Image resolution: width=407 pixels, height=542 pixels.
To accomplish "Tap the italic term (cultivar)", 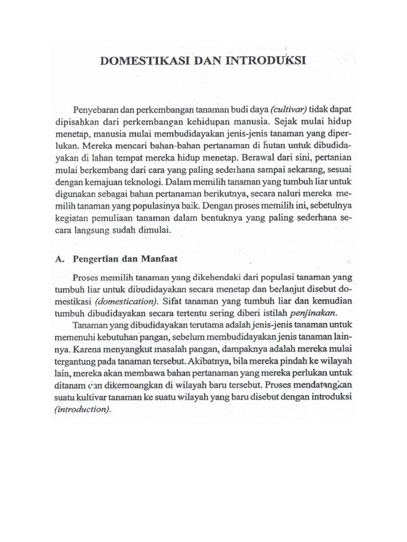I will point(289,109).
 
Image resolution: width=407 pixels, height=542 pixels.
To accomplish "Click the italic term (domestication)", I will point(127,301).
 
